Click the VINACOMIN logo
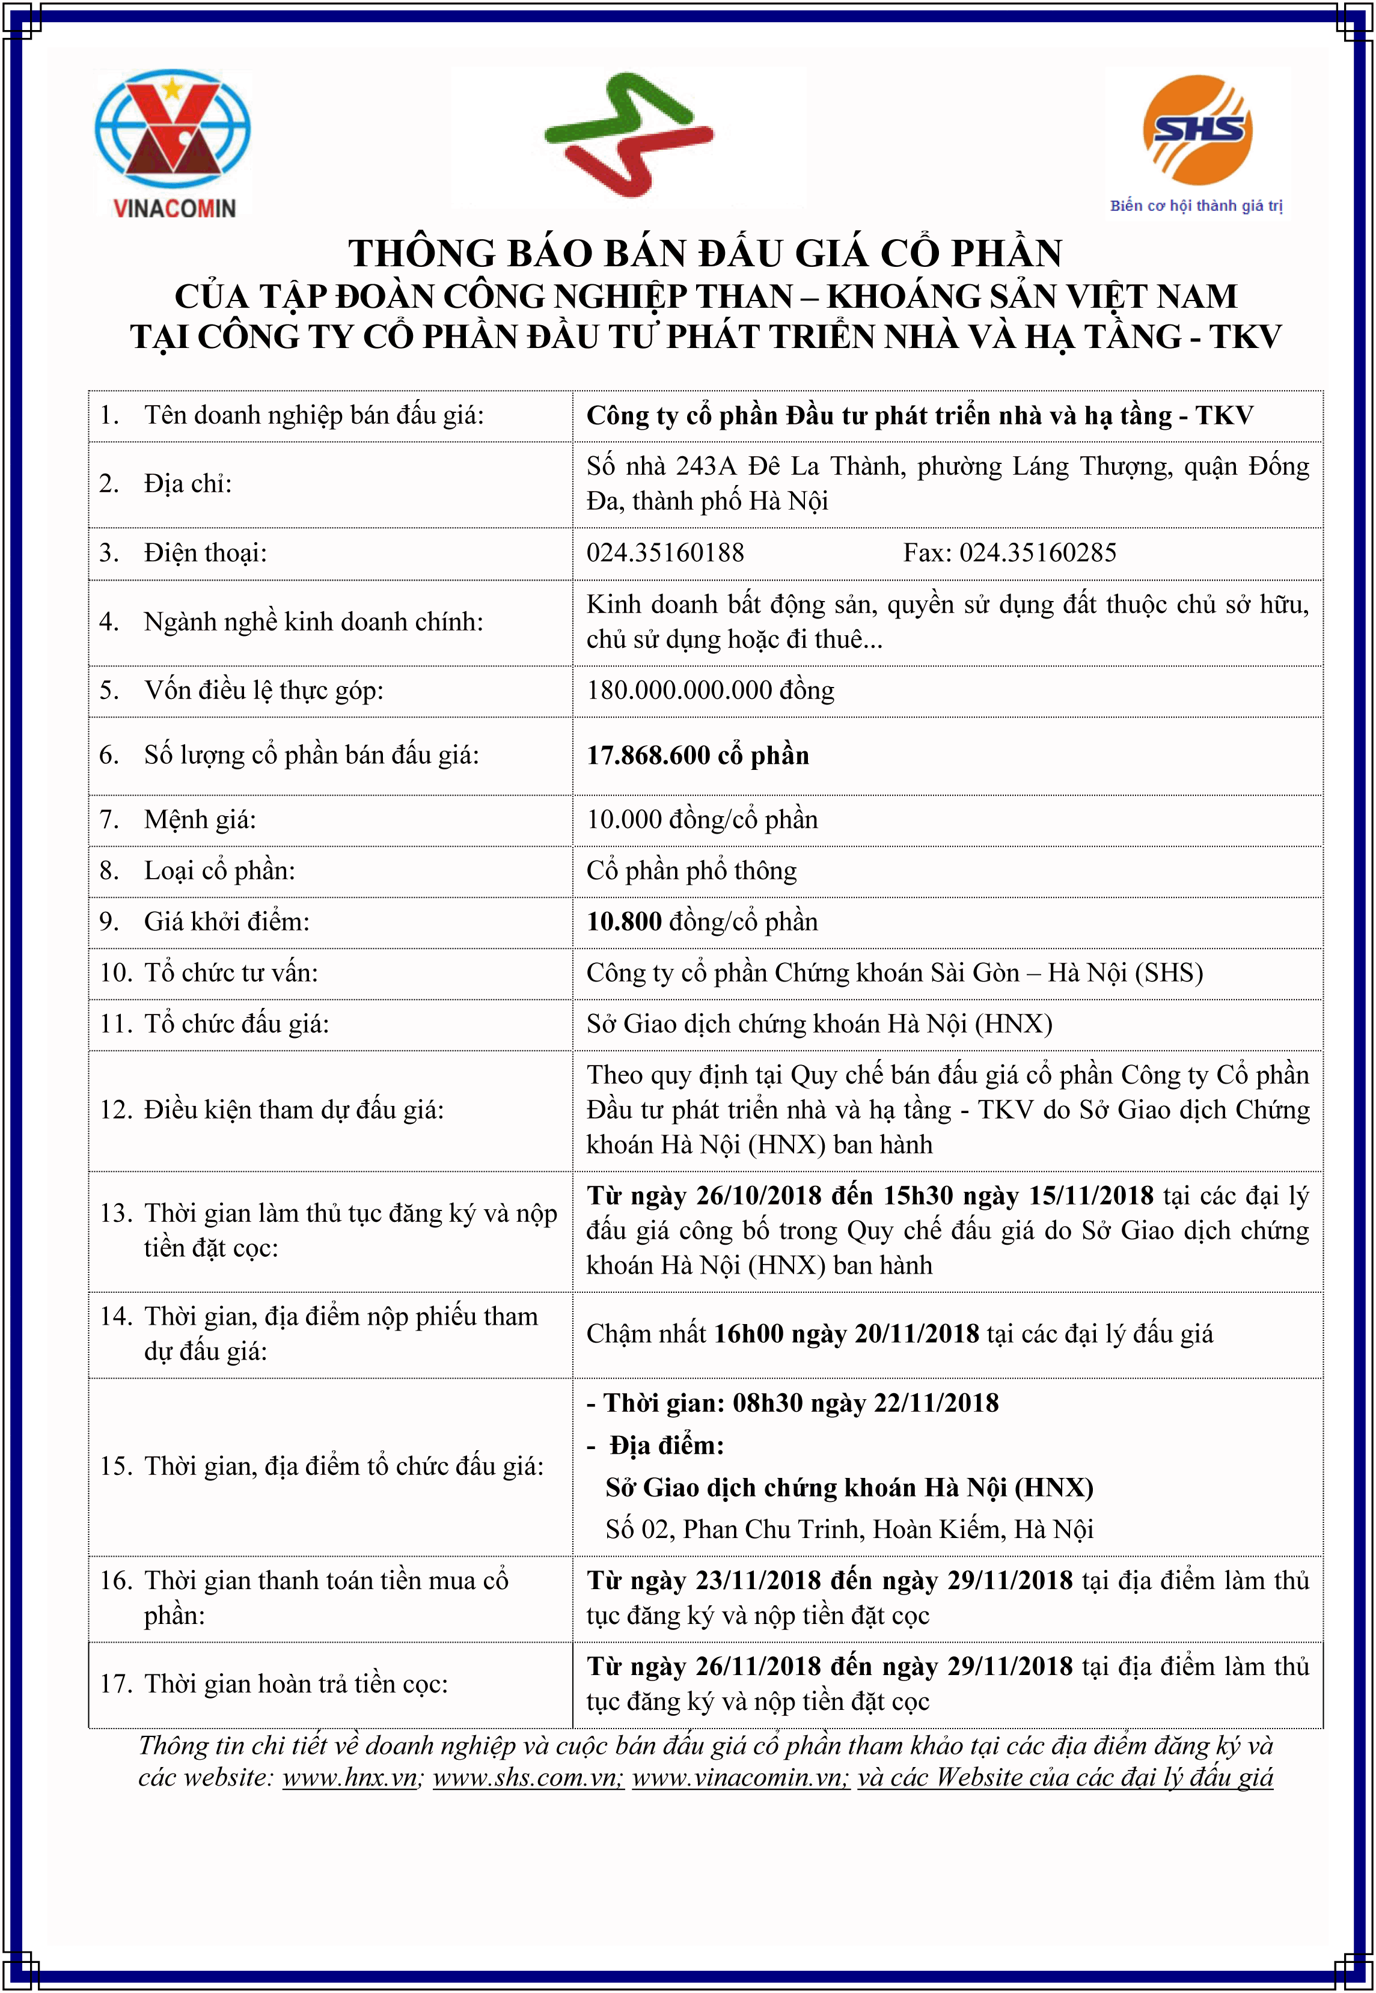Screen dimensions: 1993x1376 pyautogui.click(x=173, y=142)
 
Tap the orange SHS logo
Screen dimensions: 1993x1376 pyautogui.click(x=1197, y=130)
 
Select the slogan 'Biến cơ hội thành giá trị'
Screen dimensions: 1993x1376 pyautogui.click(x=1196, y=206)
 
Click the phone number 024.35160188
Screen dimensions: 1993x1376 pyautogui.click(x=665, y=552)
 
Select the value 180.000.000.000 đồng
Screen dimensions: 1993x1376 pyautogui.click(x=711, y=691)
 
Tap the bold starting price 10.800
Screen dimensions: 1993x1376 pyautogui.click(x=624, y=921)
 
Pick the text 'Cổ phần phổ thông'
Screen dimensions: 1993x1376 pyautogui.click(x=691, y=871)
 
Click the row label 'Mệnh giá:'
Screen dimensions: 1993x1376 pyautogui.click(x=200, y=819)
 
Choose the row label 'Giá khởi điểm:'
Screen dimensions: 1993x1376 pyautogui.click(x=227, y=921)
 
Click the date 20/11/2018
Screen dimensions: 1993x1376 pyautogui.click(x=917, y=1334)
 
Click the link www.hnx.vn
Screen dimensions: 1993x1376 pyautogui.click(x=350, y=1777)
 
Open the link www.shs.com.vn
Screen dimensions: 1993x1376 pyautogui.click(x=527, y=1777)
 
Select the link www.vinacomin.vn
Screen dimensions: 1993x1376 pyautogui.click(x=740, y=1777)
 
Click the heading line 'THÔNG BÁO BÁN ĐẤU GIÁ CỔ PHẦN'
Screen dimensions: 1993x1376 pyautogui.click(x=705, y=254)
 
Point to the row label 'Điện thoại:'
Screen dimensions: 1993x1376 pyautogui.click(x=205, y=552)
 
